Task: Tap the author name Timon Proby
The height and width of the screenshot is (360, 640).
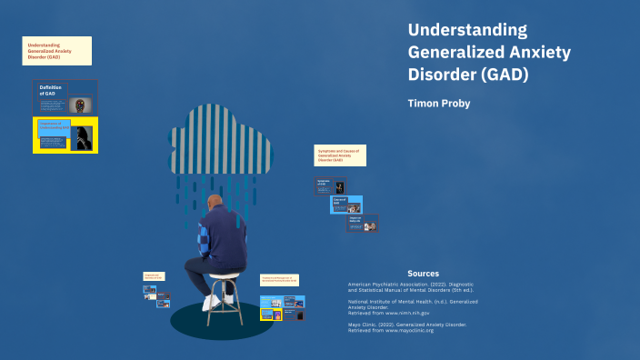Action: click(x=440, y=104)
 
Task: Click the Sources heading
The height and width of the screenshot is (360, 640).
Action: click(x=423, y=273)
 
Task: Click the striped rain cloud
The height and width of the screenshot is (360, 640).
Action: click(x=226, y=136)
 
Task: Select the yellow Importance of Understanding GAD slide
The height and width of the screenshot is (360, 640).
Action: click(x=65, y=135)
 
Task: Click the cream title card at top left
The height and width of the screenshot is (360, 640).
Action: click(x=56, y=50)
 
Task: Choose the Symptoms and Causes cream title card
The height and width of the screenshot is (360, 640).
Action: click(x=340, y=155)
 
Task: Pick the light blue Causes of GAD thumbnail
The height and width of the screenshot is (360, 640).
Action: click(x=345, y=205)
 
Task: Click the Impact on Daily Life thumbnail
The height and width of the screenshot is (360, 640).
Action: click(x=361, y=224)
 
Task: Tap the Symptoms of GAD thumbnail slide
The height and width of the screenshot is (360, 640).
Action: click(x=330, y=185)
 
